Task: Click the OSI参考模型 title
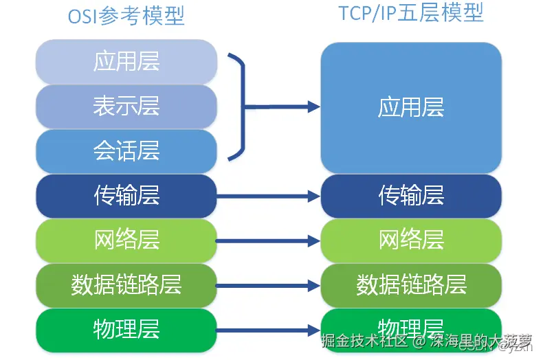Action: pyautogui.click(x=126, y=16)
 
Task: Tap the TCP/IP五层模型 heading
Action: pyautogui.click(x=411, y=13)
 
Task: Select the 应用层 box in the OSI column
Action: pyautogui.click(x=126, y=62)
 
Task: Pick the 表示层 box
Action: pyautogui.click(x=126, y=106)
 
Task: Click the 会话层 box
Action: pyautogui.click(x=126, y=150)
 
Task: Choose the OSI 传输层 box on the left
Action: pyautogui.click(x=126, y=196)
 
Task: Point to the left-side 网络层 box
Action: pyautogui.click(x=126, y=240)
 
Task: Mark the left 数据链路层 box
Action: pyautogui.click(x=126, y=284)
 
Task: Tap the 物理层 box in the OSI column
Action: pyautogui.click(x=126, y=329)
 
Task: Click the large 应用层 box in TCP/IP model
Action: pyautogui.click(x=411, y=107)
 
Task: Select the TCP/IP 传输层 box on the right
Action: pyautogui.click(x=411, y=196)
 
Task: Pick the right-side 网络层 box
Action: pyautogui.click(x=411, y=240)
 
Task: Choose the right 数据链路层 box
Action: pyautogui.click(x=411, y=284)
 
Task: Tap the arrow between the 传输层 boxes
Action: pyautogui.click(x=268, y=196)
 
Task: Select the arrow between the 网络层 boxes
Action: pyautogui.click(x=268, y=240)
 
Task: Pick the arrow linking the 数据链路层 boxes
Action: pyautogui.click(x=268, y=285)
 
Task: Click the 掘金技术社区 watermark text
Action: pyautogui.click(x=368, y=341)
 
